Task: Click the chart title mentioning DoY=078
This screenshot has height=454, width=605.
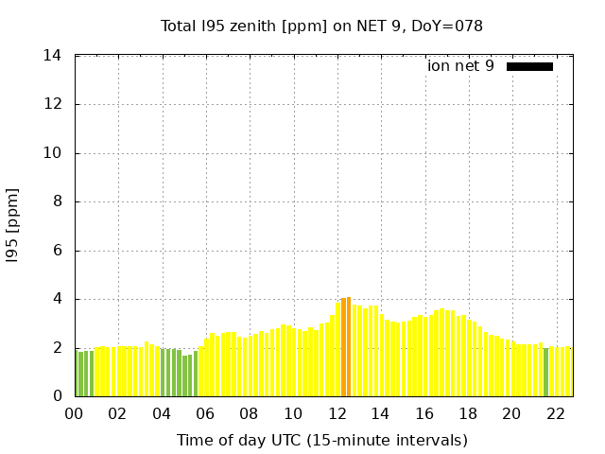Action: tap(321, 26)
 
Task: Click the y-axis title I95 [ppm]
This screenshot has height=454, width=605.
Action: tap(13, 226)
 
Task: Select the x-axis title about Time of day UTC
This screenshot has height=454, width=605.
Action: tap(321, 440)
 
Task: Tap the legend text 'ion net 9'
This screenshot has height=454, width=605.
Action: tap(460, 66)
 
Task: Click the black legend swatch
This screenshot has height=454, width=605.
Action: tap(529, 66)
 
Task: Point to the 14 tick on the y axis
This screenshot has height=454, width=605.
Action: tap(53, 56)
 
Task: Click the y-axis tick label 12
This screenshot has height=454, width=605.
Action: tap(53, 104)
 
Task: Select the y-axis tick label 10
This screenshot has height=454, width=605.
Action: tap(53, 153)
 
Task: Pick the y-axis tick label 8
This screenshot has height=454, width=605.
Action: tap(57, 201)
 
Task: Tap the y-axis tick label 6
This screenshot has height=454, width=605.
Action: tap(57, 251)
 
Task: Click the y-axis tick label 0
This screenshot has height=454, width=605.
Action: tap(57, 396)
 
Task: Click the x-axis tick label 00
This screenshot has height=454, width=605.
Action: tap(74, 413)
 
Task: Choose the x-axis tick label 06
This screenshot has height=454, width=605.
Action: tap(205, 413)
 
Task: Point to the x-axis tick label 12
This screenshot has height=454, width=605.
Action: tap(337, 413)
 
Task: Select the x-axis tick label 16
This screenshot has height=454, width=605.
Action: tap(423, 413)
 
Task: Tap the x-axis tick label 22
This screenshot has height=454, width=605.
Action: tap(555, 413)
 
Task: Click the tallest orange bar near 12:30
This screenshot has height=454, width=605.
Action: tap(348, 347)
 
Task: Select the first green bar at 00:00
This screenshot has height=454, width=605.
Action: tap(77, 374)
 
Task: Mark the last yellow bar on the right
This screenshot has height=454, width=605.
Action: tap(568, 372)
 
